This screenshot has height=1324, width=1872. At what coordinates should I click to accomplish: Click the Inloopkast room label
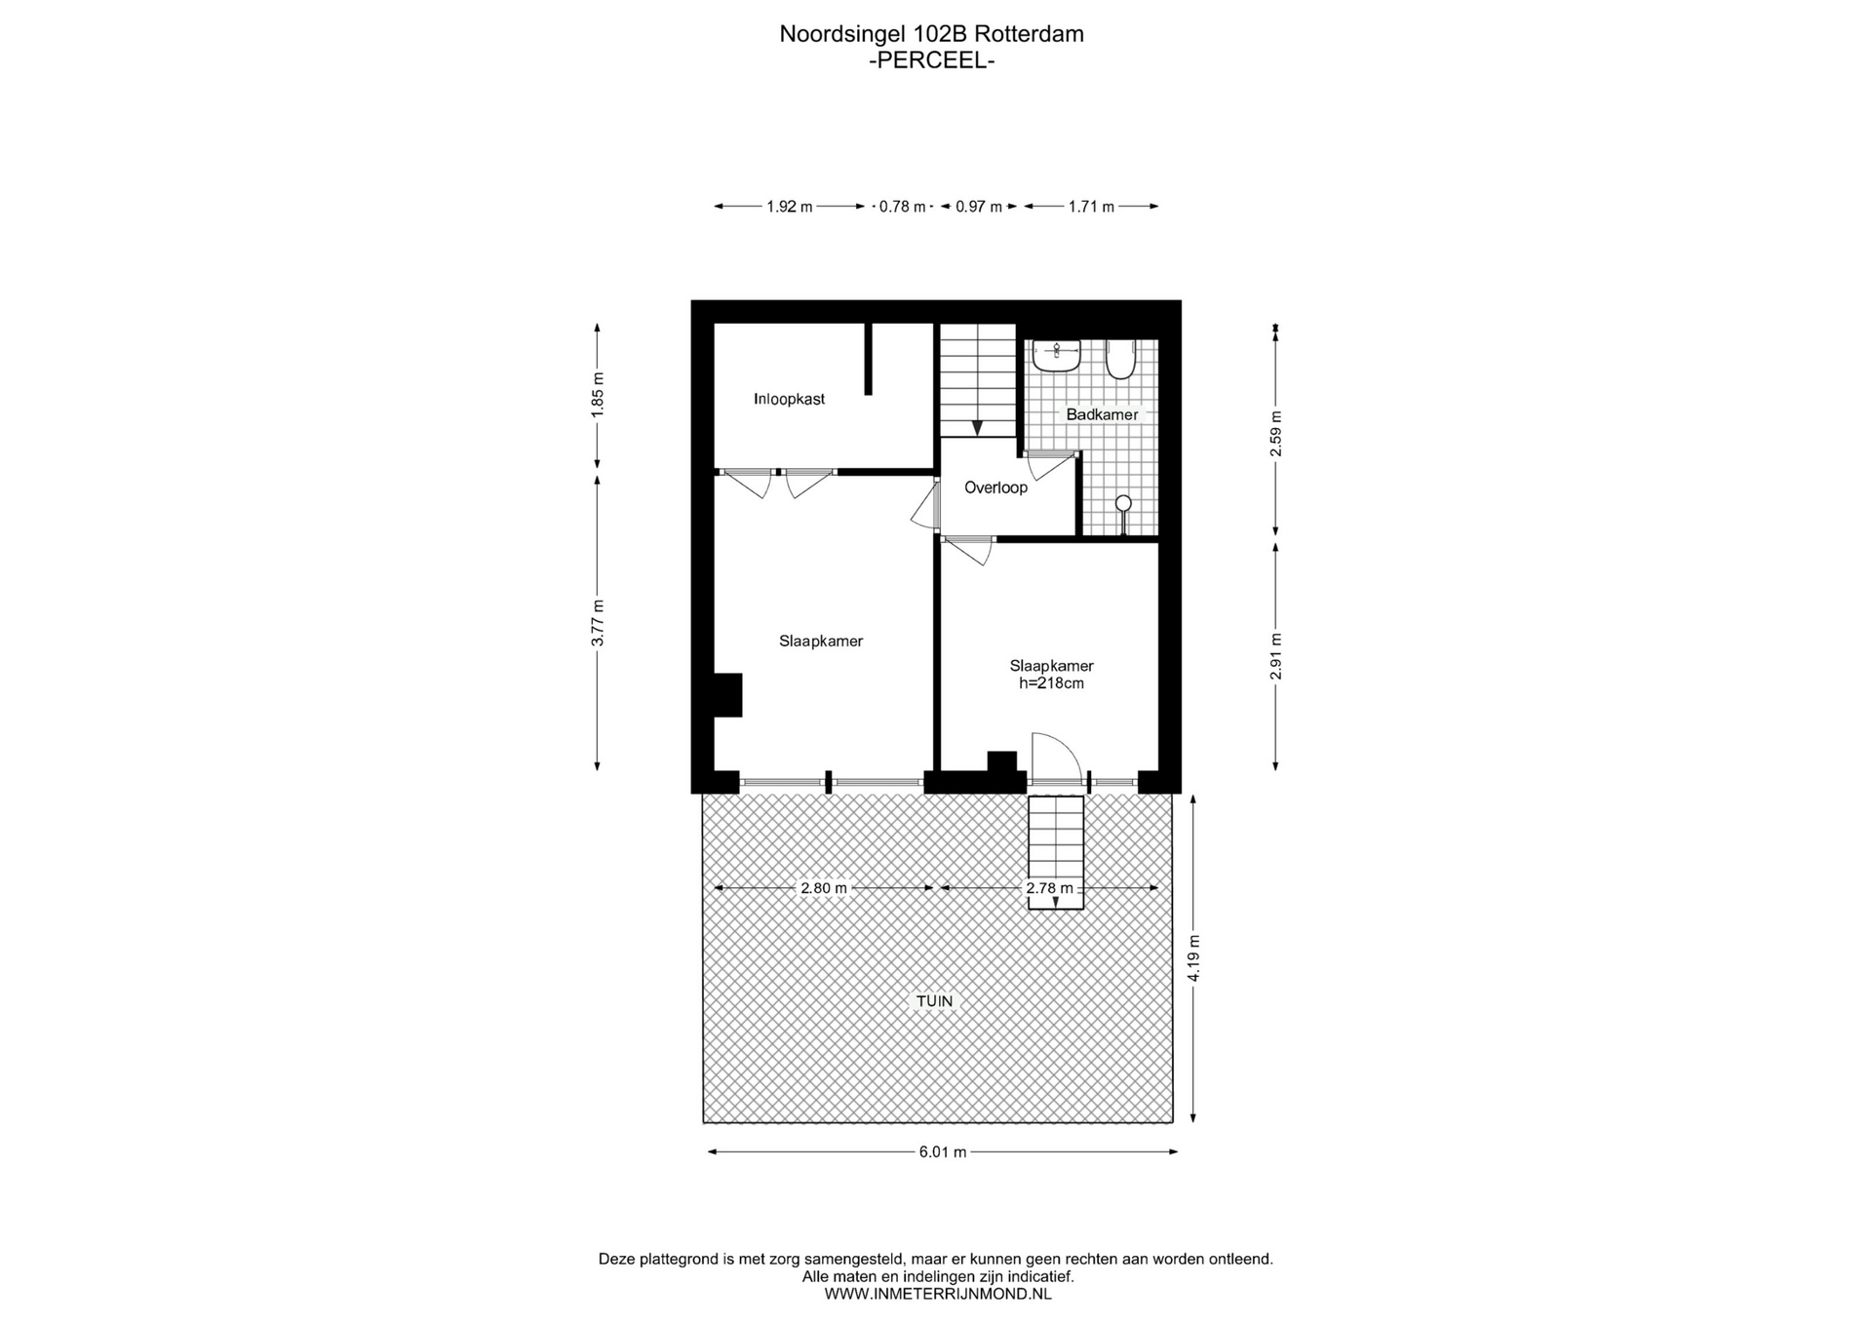(x=789, y=399)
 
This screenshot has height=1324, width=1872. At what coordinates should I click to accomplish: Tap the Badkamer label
(x=1102, y=414)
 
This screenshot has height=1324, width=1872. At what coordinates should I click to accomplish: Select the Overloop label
(x=995, y=487)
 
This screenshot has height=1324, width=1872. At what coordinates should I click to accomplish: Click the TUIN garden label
(x=934, y=1001)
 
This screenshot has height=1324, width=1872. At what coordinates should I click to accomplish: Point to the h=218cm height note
(x=1051, y=683)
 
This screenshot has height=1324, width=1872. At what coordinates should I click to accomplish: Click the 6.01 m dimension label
(x=943, y=1152)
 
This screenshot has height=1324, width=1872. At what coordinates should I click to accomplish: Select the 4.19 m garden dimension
(x=1194, y=958)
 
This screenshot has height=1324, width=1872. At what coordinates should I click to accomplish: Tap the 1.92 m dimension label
(x=790, y=207)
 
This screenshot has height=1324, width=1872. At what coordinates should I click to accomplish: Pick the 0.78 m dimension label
(x=903, y=207)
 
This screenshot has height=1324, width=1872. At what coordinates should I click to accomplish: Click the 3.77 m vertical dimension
(x=599, y=622)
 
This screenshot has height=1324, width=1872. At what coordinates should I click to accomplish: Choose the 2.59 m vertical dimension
(x=1276, y=434)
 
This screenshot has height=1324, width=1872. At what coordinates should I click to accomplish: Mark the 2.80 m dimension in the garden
(x=824, y=888)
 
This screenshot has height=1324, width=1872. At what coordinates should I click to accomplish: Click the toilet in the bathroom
(x=1120, y=359)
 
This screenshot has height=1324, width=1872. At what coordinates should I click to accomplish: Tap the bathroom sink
(x=1056, y=356)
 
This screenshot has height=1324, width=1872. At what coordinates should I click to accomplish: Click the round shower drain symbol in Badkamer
(x=1123, y=503)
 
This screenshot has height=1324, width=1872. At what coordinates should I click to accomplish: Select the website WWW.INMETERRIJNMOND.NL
(x=938, y=1294)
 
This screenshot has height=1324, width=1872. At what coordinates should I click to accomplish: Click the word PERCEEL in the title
(x=932, y=60)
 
